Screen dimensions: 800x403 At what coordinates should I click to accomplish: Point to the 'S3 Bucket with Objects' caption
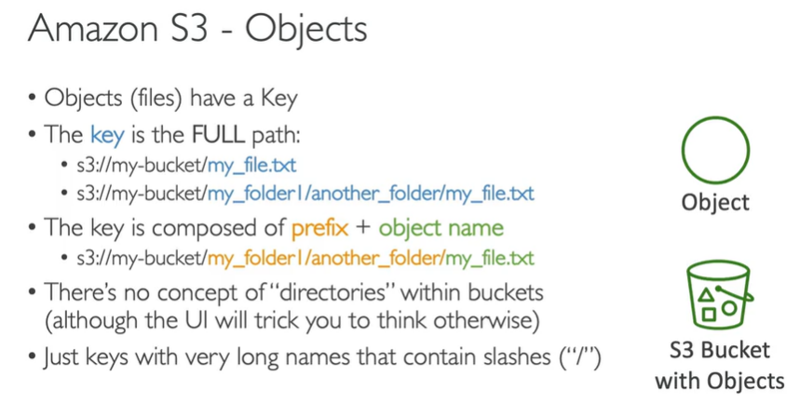click(x=718, y=366)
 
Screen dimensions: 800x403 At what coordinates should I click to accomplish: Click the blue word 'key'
click(x=108, y=135)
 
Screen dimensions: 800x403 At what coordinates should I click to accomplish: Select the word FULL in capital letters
click(x=220, y=135)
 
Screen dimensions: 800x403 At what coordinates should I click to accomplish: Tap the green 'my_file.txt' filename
click(x=490, y=258)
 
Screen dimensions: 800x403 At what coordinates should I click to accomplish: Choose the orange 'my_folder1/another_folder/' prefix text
click(x=326, y=258)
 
